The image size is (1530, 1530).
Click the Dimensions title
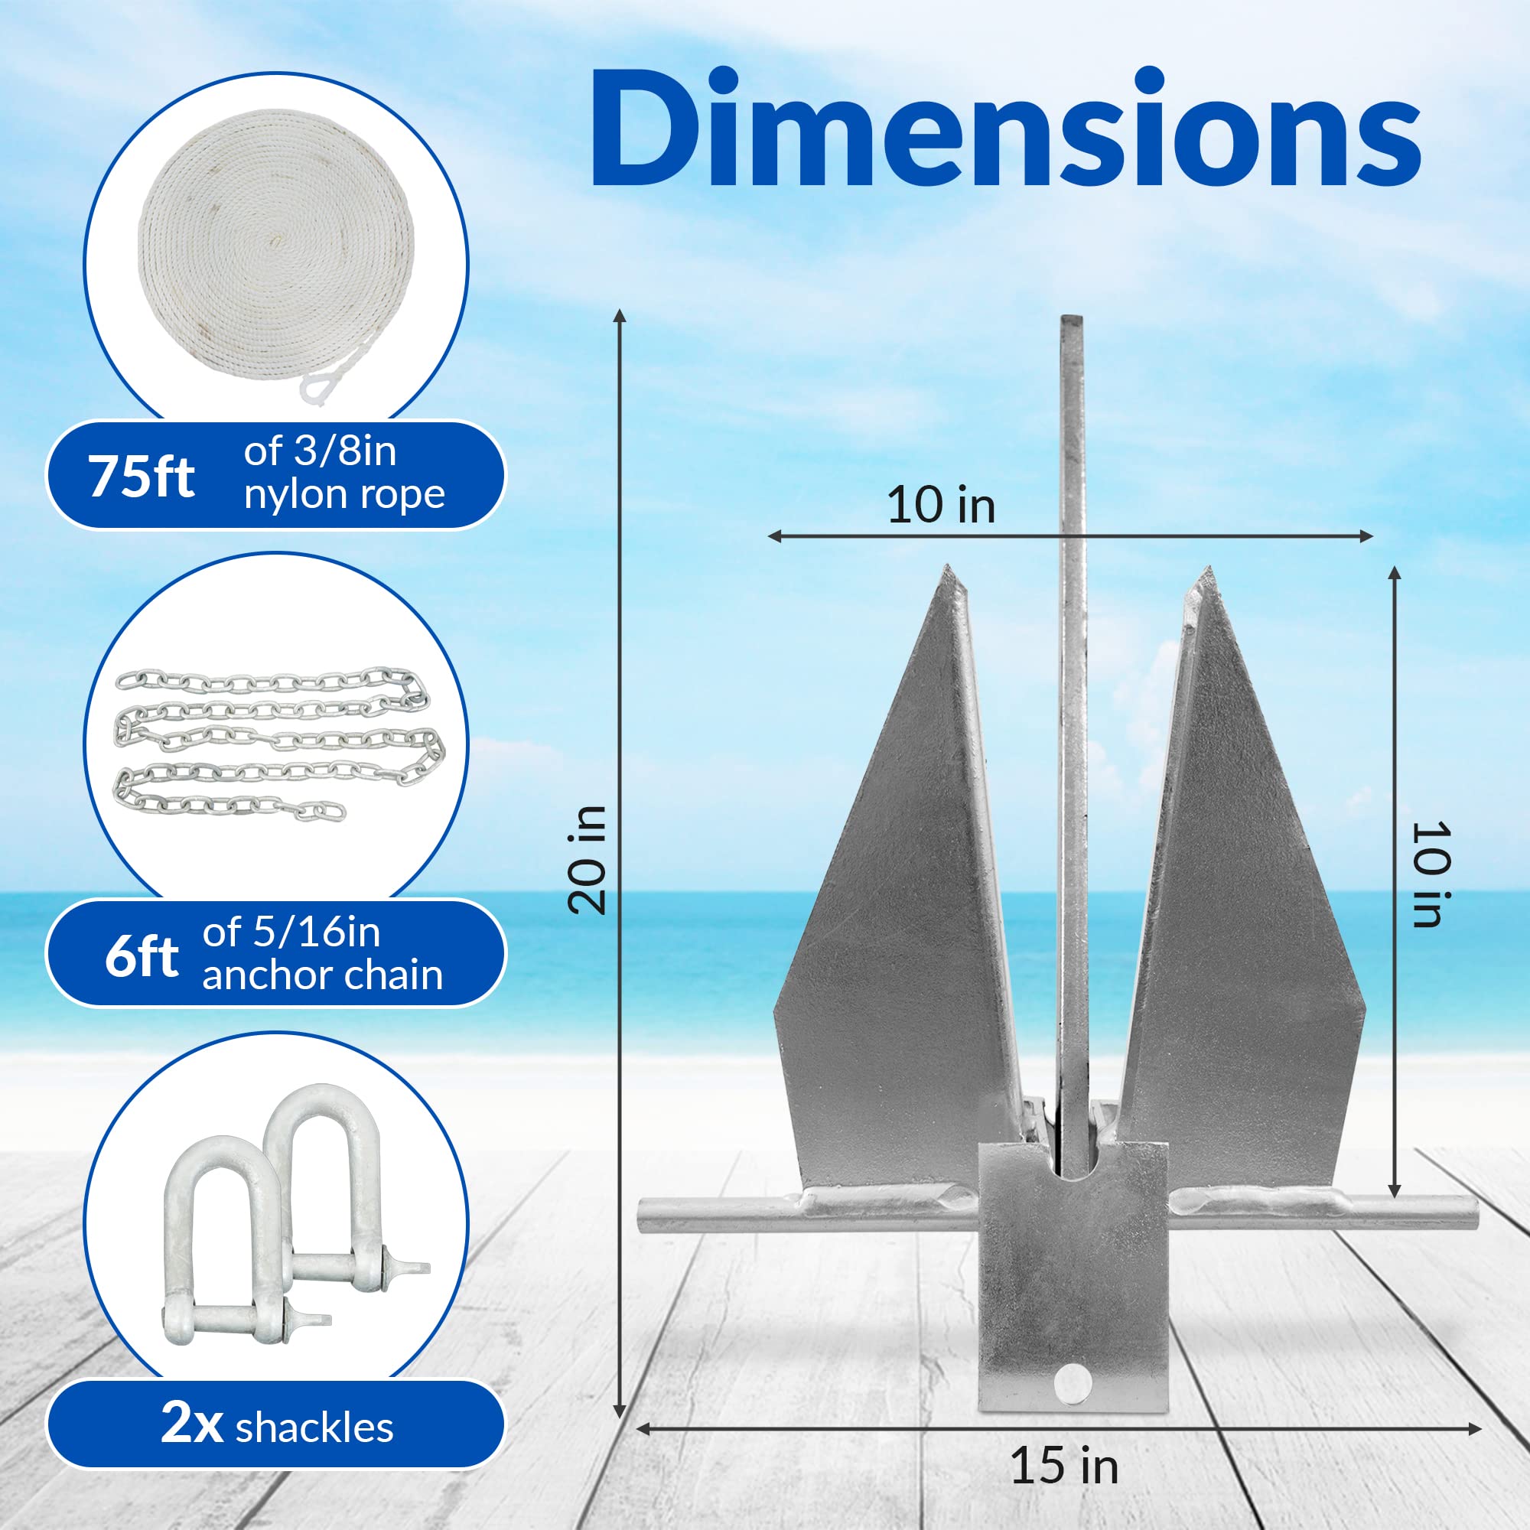click(x=1004, y=129)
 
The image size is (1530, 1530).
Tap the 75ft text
click(x=142, y=477)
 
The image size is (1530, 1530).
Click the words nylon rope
click(x=343, y=495)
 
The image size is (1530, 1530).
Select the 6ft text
click(x=141, y=957)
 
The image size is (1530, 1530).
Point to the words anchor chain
click(x=322, y=975)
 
